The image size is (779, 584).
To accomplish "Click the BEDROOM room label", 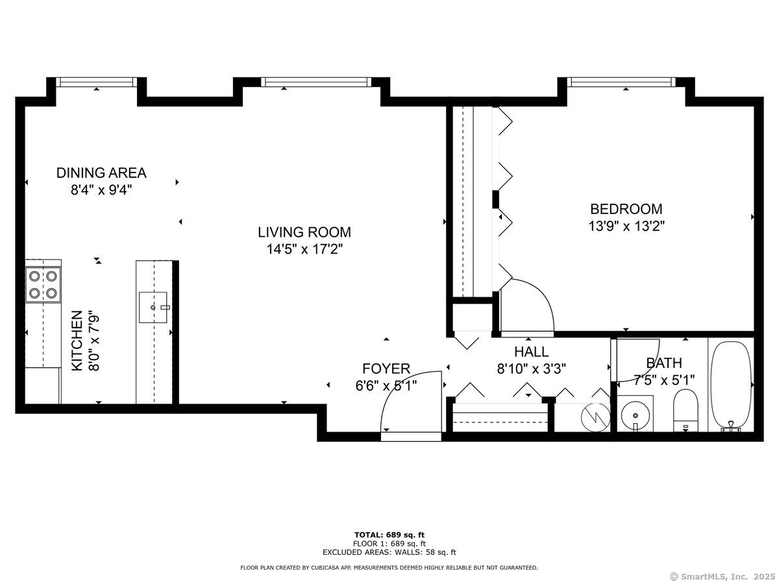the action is click(x=626, y=209).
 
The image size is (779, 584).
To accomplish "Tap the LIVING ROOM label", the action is click(x=304, y=232).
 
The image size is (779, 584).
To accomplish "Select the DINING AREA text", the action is click(x=101, y=173).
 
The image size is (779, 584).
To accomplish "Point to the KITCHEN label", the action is click(x=77, y=341).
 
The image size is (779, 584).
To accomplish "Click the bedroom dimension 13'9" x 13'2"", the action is click(x=626, y=226).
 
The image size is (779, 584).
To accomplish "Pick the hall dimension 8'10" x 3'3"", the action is click(x=531, y=369).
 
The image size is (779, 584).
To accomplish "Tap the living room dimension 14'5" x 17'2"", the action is click(x=304, y=249).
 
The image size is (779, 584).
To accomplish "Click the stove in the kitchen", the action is click(x=43, y=284).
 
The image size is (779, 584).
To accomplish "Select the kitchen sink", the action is click(x=153, y=308).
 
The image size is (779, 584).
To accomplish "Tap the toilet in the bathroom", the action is click(x=686, y=411).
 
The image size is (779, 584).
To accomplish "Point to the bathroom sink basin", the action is click(x=636, y=414).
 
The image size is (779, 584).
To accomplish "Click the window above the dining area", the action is click(x=97, y=82).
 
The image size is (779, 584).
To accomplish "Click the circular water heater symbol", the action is click(x=595, y=417).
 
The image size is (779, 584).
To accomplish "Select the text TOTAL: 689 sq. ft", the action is click(x=389, y=535).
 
